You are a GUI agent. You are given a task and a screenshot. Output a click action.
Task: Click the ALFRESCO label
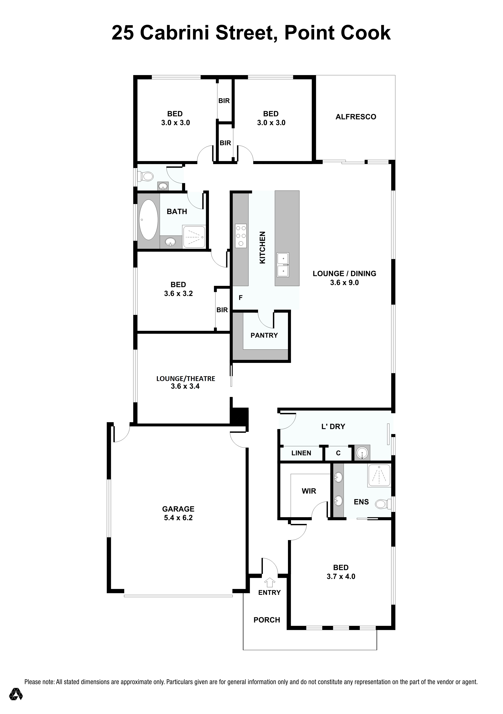[356, 117]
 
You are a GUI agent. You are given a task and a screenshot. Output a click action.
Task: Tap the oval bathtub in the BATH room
[148, 220]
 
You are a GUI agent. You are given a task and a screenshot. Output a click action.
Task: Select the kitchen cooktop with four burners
[241, 236]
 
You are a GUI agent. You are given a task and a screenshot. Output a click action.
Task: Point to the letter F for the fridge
[240, 298]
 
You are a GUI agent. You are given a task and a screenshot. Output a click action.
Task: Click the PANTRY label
[264, 335]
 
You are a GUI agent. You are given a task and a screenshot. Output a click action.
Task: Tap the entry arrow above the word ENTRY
[270, 582]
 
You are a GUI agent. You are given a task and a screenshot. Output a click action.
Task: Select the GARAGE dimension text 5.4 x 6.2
[178, 518]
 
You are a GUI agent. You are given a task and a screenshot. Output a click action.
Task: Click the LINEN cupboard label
[301, 453]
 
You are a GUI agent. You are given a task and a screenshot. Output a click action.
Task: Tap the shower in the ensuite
[379, 475]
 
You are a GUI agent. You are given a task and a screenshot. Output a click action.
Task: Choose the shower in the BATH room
[194, 237]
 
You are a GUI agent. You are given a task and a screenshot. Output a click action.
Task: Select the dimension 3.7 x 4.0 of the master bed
[341, 576]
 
